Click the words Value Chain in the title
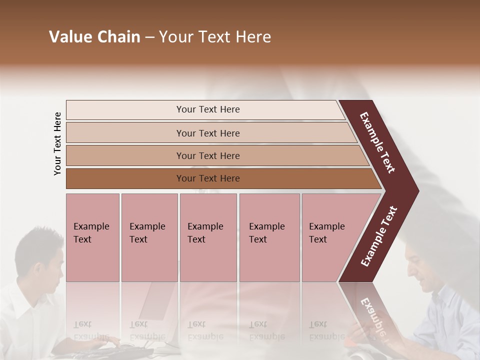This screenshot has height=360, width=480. pyautogui.click(x=94, y=37)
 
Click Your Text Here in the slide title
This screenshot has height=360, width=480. pyautogui.click(x=215, y=37)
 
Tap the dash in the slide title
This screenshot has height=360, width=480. pyautogui.click(x=149, y=37)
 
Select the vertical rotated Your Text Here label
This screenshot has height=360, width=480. pyautogui.click(x=58, y=144)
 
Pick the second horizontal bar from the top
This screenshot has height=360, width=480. pyautogui.click(x=207, y=133)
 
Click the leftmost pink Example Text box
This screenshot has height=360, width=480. pyautogui.click(x=92, y=237)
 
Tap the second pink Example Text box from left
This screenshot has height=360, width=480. pyautogui.click(x=149, y=237)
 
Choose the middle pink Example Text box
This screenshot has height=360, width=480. pyautogui.click(x=208, y=237)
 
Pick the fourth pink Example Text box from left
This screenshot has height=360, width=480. pyautogui.click(x=269, y=237)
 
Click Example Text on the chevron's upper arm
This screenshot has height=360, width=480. pyautogui.click(x=377, y=142)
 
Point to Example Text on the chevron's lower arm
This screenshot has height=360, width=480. pyautogui.click(x=379, y=236)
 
